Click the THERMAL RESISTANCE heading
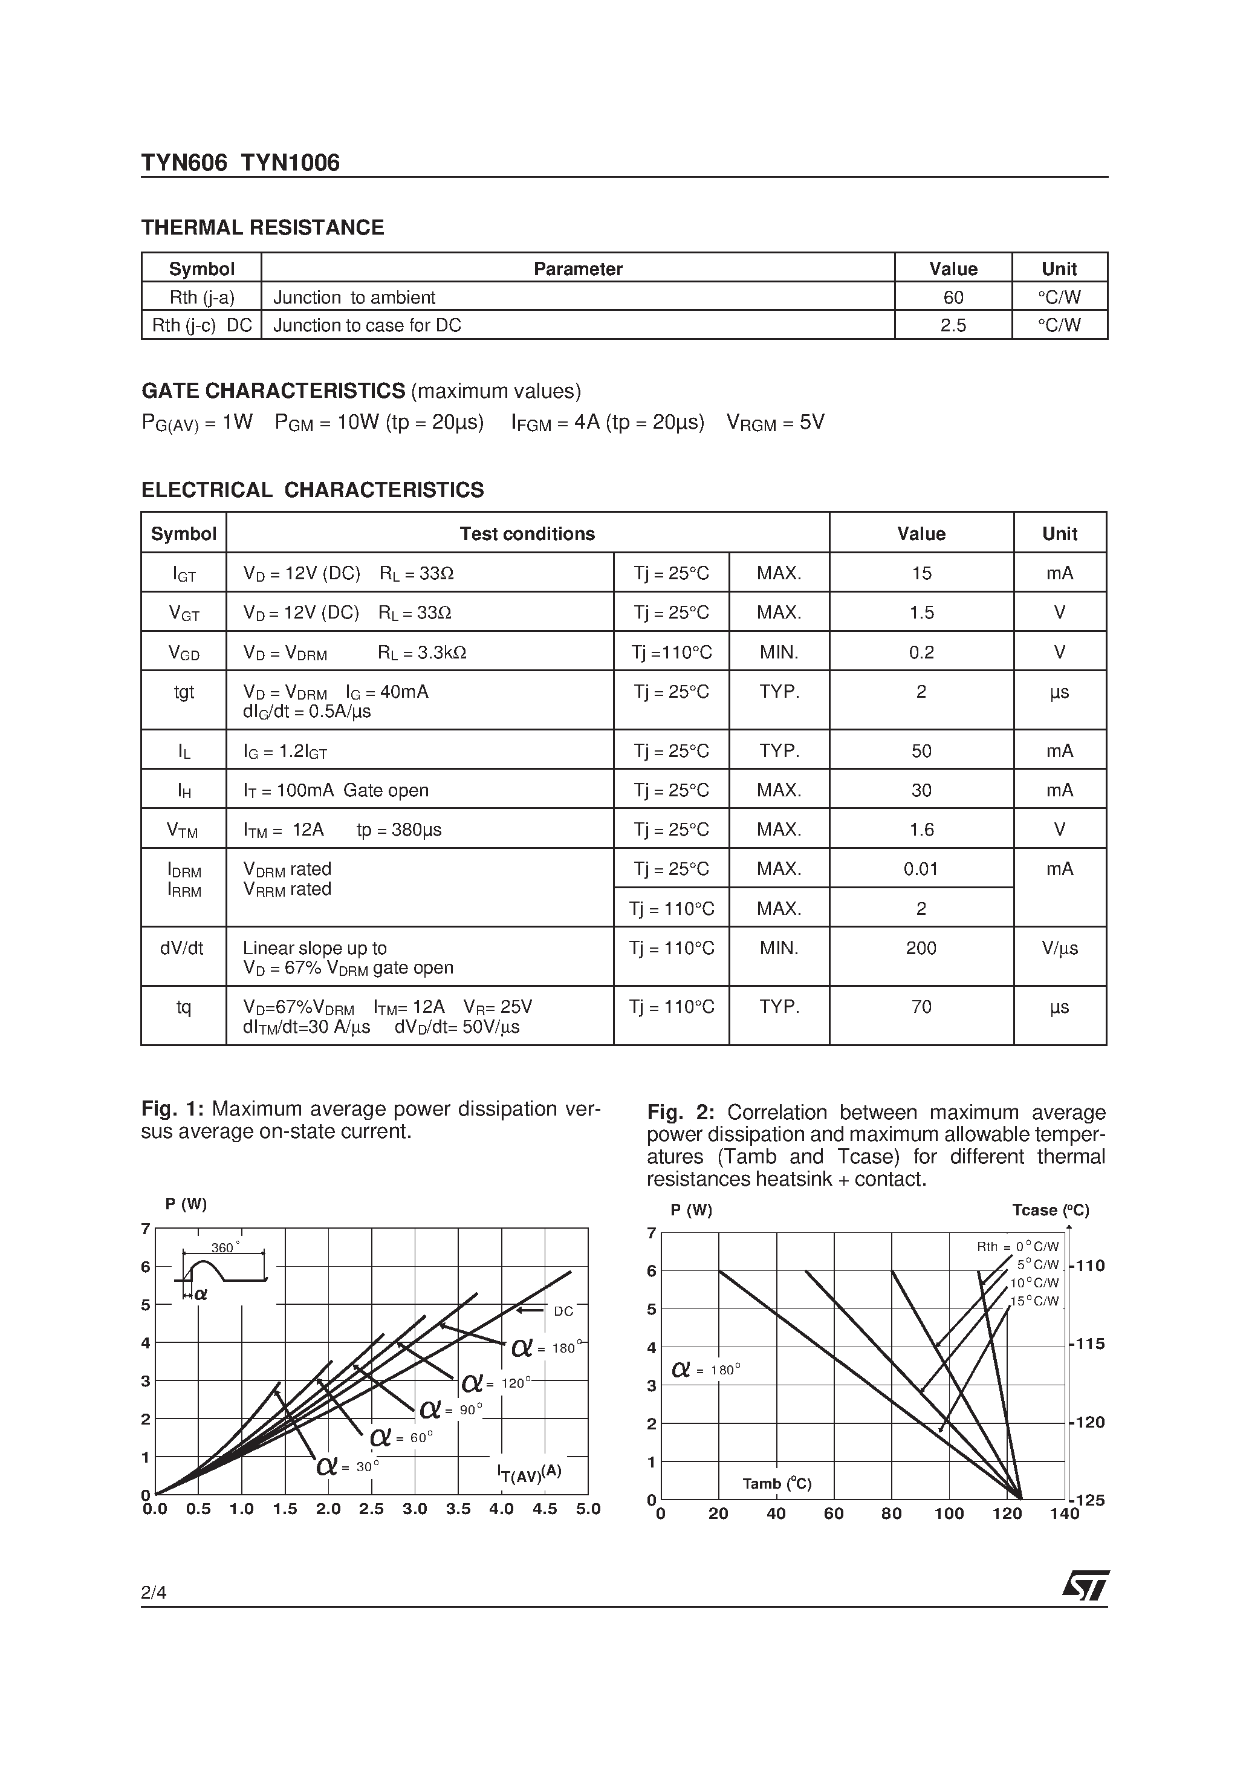click(262, 228)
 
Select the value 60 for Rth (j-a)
click(953, 297)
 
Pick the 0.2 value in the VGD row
click(921, 653)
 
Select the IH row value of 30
click(921, 791)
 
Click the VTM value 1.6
click(921, 830)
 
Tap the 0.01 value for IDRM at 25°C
click(921, 869)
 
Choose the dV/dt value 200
click(921, 949)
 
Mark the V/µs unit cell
click(1060, 949)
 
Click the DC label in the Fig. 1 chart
click(563, 1311)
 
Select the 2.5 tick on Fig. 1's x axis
click(371, 1509)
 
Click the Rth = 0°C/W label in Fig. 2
click(1017, 1247)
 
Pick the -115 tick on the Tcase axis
click(1088, 1344)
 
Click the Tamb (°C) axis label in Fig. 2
click(776, 1483)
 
